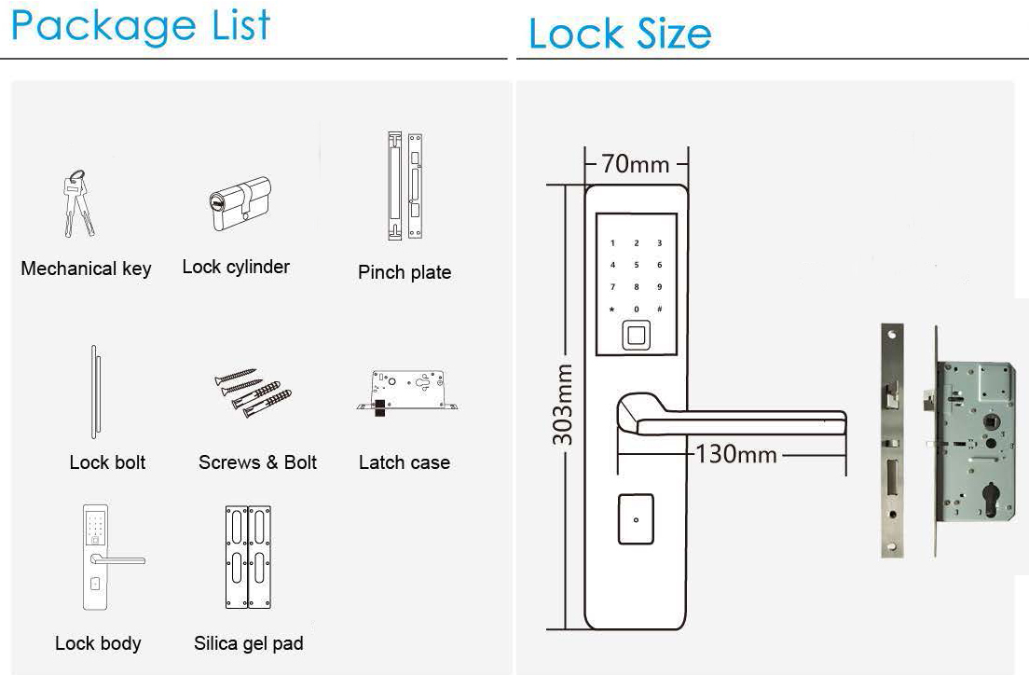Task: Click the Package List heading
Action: pos(141,26)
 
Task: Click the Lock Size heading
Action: pos(620,34)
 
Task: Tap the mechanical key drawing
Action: pos(78,203)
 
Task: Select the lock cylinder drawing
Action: pos(240,203)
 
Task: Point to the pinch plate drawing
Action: pos(405,186)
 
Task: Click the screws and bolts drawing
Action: pos(254,393)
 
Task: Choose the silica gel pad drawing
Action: pos(248,557)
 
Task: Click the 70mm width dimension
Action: pos(636,163)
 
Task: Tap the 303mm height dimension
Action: pos(562,406)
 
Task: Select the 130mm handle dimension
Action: pos(735,454)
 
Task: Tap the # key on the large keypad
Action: pos(660,309)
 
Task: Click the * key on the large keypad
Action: pos(612,310)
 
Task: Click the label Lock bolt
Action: pos(107,462)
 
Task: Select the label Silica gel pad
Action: pos(249,643)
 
